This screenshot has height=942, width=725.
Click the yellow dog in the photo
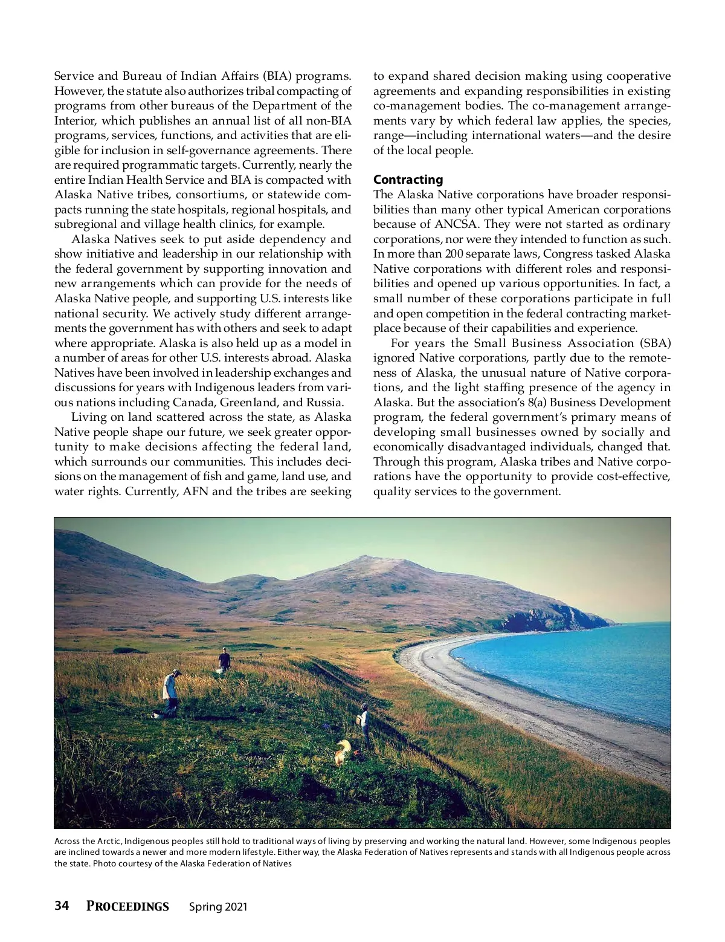click(343, 752)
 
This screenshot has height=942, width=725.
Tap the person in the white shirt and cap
click(171, 692)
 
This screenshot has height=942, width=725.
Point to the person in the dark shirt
click(225, 660)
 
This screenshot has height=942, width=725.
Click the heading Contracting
click(408, 180)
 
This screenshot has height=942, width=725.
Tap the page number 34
click(62, 906)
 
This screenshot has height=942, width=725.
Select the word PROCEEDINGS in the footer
click(127, 906)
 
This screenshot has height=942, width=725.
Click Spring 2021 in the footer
click(218, 907)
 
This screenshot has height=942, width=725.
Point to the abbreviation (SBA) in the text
click(656, 343)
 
